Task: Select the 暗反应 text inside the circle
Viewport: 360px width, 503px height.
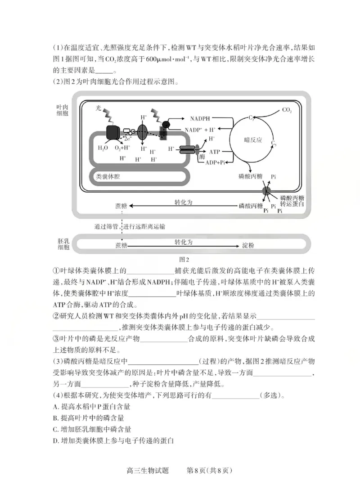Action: pyautogui.click(x=253, y=139)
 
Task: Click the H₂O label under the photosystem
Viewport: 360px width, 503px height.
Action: pyautogui.click(x=103, y=148)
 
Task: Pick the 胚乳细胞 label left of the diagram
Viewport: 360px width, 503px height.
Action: pyautogui.click(x=63, y=243)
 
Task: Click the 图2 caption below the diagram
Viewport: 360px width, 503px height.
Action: pyautogui.click(x=184, y=259)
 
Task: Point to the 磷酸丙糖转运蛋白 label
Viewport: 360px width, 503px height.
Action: pyautogui.click(x=292, y=201)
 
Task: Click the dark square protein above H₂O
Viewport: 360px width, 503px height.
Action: pyautogui.click(x=112, y=132)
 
